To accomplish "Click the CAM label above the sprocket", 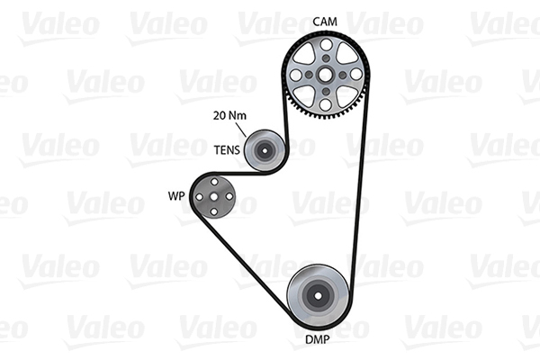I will (x=325, y=21).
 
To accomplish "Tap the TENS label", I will (x=227, y=149).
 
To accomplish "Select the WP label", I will (x=175, y=195).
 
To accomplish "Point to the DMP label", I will (x=316, y=341).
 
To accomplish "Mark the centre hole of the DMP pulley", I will (x=317, y=295).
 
